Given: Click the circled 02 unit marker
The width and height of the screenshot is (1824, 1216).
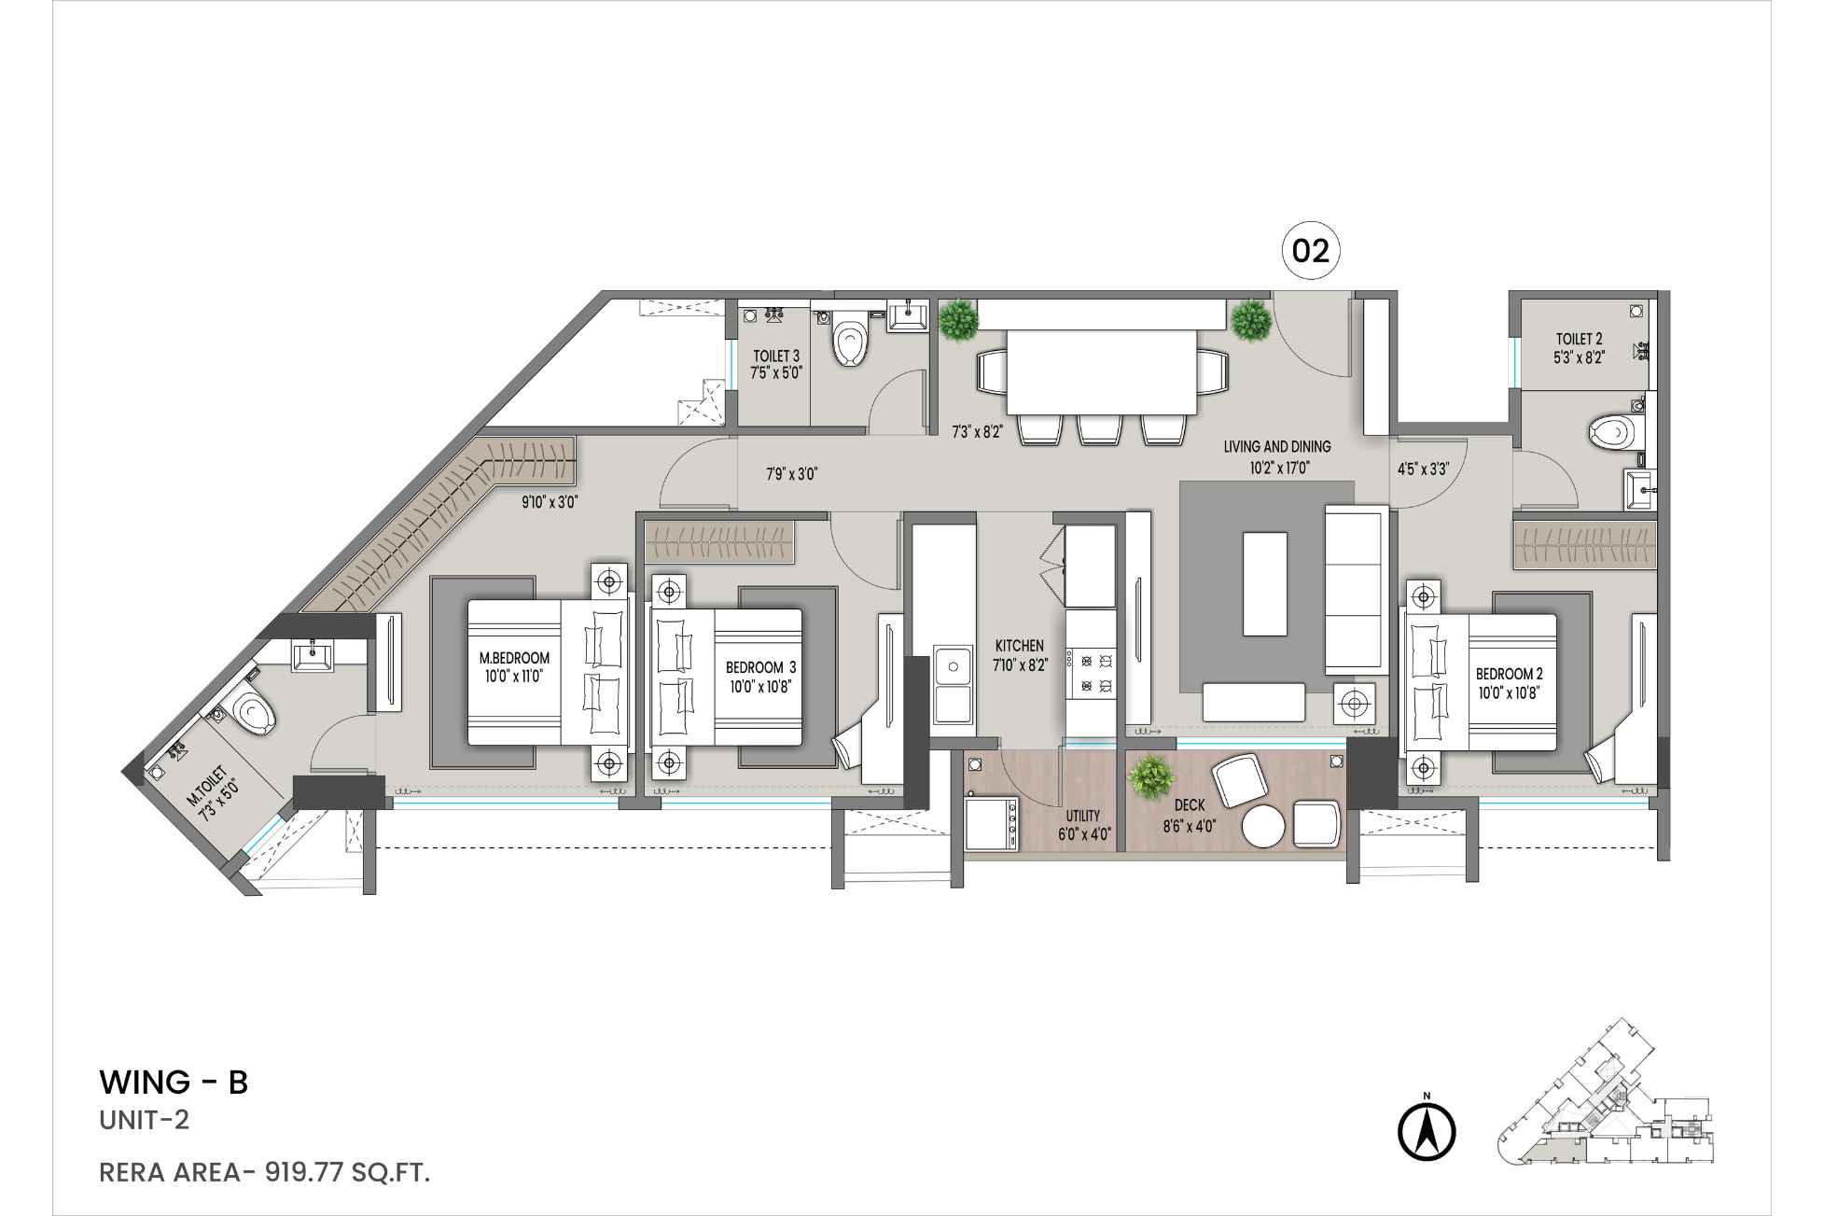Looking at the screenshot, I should pos(1310,251).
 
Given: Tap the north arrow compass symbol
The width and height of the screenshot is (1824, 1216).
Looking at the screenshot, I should pos(1427,1132).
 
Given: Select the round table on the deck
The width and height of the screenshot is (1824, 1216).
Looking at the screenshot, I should pos(1265,827).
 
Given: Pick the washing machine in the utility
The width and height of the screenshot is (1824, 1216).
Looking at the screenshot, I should pos(991,824).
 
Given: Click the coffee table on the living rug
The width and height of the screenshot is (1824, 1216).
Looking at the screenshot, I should pos(1265,583).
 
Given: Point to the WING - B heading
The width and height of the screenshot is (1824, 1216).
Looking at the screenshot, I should pos(174,1083).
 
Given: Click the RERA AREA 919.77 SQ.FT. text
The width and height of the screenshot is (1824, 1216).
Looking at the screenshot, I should pos(264,1173).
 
